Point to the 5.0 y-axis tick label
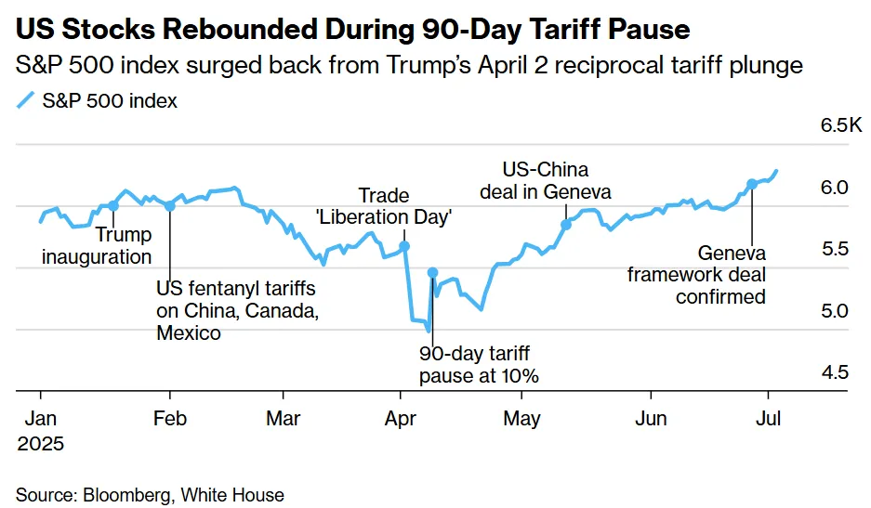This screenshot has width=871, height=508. click(836, 310)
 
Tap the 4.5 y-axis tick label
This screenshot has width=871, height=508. click(836, 372)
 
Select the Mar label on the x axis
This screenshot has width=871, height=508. click(283, 418)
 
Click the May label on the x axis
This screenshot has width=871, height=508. click(521, 418)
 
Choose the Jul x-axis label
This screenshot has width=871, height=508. click(769, 418)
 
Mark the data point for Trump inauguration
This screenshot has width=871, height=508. click(113, 206)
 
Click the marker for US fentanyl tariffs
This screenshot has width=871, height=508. click(169, 206)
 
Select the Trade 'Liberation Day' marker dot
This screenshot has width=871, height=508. click(404, 247)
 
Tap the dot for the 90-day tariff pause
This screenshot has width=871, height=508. click(432, 272)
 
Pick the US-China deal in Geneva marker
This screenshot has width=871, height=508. click(566, 225)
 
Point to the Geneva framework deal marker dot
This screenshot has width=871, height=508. click(751, 183)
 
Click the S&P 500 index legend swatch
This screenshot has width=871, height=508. click(26, 100)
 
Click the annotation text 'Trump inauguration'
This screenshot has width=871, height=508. click(97, 246)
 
